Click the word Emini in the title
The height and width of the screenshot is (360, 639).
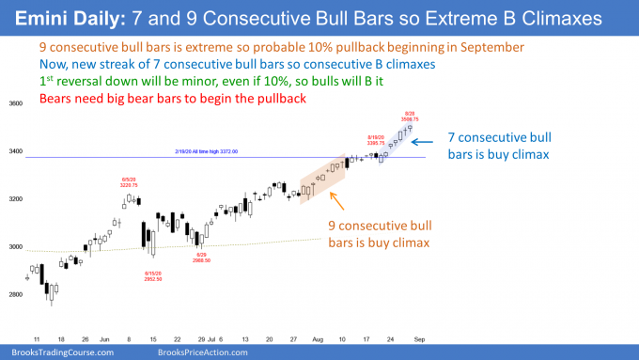pos(43,19)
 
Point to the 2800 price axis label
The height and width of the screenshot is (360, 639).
pos(15,294)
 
